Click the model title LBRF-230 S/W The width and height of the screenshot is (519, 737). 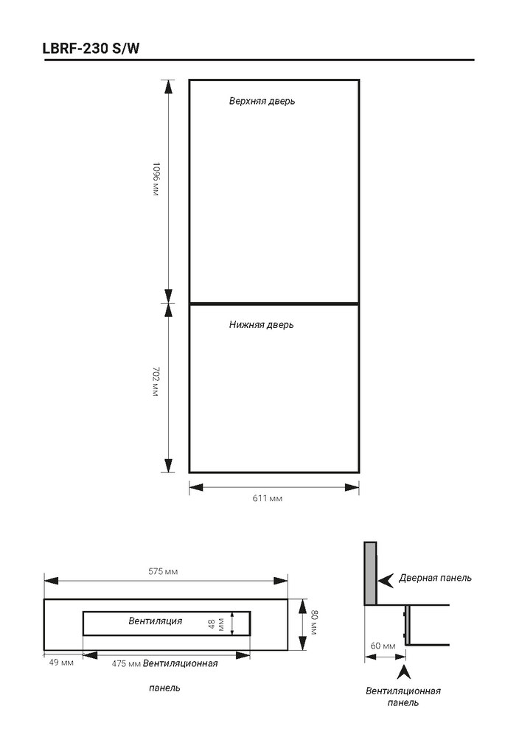tap(91, 49)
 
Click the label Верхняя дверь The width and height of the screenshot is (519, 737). tap(262, 101)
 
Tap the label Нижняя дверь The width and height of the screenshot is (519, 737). tap(262, 325)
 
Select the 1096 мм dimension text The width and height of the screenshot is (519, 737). tap(156, 179)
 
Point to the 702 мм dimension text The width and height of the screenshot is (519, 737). tap(156, 382)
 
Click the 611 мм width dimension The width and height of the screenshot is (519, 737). tap(268, 498)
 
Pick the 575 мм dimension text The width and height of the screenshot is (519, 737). tap(163, 572)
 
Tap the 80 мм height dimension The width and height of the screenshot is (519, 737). tap(313, 622)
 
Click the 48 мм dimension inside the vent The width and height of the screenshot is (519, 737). tap(216, 624)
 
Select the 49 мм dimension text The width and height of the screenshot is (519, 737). tap(61, 663)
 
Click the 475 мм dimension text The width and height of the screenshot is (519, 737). tap(127, 664)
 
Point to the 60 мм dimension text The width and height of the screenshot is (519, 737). tap(383, 646)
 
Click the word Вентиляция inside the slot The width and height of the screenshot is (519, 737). tap(155, 621)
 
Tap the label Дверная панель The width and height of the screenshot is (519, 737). tap(435, 578)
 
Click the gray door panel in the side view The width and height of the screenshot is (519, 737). tap(370, 573)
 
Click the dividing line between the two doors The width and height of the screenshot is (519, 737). tap(274, 304)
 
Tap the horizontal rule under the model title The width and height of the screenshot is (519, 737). tap(259, 60)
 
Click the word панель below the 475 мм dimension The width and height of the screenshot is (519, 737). tap(164, 688)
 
